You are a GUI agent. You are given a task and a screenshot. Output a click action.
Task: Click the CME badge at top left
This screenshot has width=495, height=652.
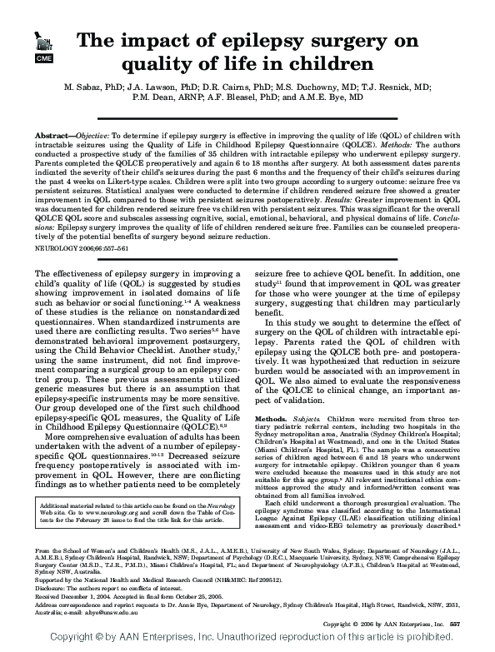click(42, 59)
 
